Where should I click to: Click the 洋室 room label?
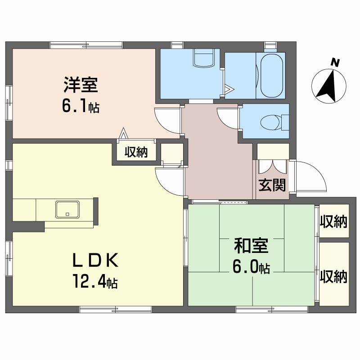[x=81, y=85]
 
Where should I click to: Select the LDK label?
[x=95, y=260]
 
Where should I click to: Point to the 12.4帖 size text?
[x=95, y=282]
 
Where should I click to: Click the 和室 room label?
[x=251, y=245]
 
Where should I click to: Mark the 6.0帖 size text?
[x=251, y=267]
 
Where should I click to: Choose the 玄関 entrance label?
[x=272, y=185]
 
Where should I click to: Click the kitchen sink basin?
[x=67, y=209]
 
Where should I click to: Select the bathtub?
[x=272, y=76]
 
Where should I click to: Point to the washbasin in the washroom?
[x=204, y=58]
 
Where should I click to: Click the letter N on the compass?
[x=335, y=63]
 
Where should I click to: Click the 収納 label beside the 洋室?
[x=136, y=152]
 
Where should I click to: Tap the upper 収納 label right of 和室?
[x=333, y=221]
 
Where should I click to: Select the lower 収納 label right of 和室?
[x=333, y=276]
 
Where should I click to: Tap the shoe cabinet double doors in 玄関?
[x=272, y=166]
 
